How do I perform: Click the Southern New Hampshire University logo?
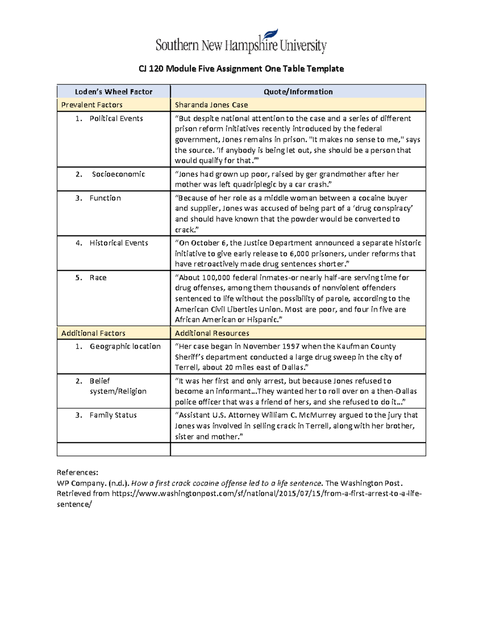pos(241,42)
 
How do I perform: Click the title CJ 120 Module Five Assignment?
pos(241,69)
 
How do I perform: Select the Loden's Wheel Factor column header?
pos(114,92)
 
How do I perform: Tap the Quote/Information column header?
pos(298,92)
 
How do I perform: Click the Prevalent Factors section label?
pos(92,105)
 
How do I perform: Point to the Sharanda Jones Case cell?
pos(211,105)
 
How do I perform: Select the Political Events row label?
pos(116,119)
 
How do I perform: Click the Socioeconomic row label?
pos(118,174)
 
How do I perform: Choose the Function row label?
pos(105,198)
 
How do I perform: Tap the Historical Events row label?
pos(119,243)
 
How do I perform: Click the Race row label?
pos(98,278)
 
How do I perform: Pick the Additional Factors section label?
pos(93,333)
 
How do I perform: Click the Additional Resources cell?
pos(212,333)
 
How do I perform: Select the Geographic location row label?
pos(125,347)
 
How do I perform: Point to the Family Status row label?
pos(113,415)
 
